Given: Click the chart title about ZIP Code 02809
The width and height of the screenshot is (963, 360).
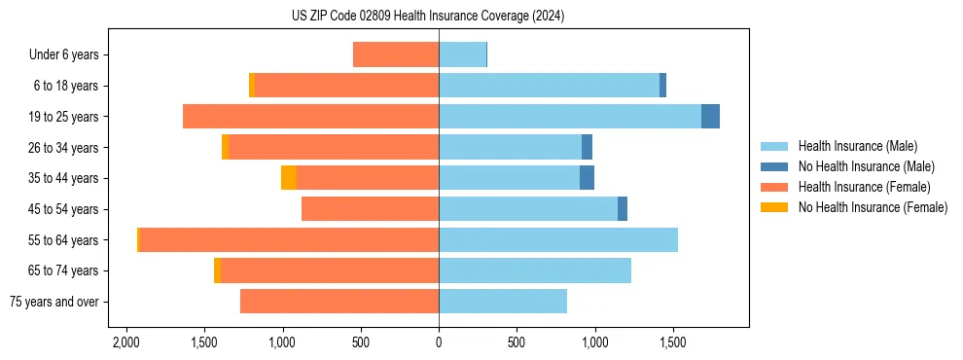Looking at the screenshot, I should click(x=428, y=17).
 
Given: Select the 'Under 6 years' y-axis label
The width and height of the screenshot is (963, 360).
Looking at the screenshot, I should click(x=64, y=55).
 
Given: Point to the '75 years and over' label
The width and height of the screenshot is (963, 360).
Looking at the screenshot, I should click(x=53, y=302).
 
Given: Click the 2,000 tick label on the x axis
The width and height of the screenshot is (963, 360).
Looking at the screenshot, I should click(x=126, y=343).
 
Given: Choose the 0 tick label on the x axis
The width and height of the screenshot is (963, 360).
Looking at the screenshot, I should click(x=439, y=343).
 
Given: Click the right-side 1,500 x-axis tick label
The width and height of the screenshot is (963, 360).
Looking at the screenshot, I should click(x=673, y=343).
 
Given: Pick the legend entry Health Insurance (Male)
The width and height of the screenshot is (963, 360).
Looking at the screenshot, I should click(x=857, y=146).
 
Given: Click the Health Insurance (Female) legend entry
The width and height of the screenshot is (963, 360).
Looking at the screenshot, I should click(x=864, y=187).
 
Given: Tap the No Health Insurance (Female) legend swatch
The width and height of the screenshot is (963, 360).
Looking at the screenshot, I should click(x=775, y=207).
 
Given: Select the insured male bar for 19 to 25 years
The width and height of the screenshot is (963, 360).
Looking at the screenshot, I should click(x=570, y=117).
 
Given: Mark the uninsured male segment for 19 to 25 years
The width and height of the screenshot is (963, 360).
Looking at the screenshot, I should click(x=710, y=117).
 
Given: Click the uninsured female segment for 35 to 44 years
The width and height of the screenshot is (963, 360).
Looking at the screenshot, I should click(x=289, y=178).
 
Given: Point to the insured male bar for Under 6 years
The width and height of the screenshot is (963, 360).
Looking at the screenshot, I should click(x=462, y=55).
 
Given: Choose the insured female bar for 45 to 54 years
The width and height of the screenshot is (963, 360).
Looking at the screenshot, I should click(x=370, y=209).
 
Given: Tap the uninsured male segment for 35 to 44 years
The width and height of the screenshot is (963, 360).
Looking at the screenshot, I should click(x=587, y=178).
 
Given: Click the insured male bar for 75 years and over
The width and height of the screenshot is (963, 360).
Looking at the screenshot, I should click(x=503, y=302).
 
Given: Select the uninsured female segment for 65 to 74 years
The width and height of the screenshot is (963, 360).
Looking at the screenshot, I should click(x=217, y=270).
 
